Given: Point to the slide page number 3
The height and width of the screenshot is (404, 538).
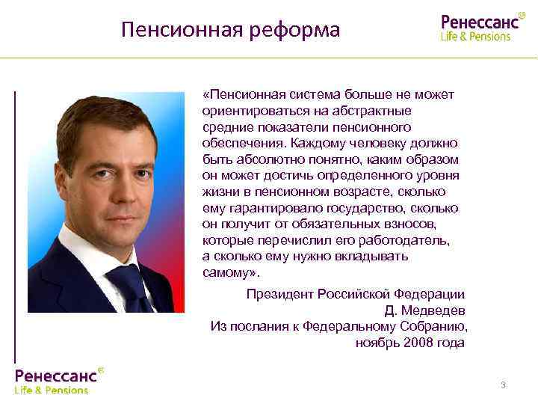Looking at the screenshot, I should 503,385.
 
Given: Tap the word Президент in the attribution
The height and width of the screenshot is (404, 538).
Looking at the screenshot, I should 280,294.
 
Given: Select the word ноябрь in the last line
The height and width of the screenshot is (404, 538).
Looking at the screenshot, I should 378,343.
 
